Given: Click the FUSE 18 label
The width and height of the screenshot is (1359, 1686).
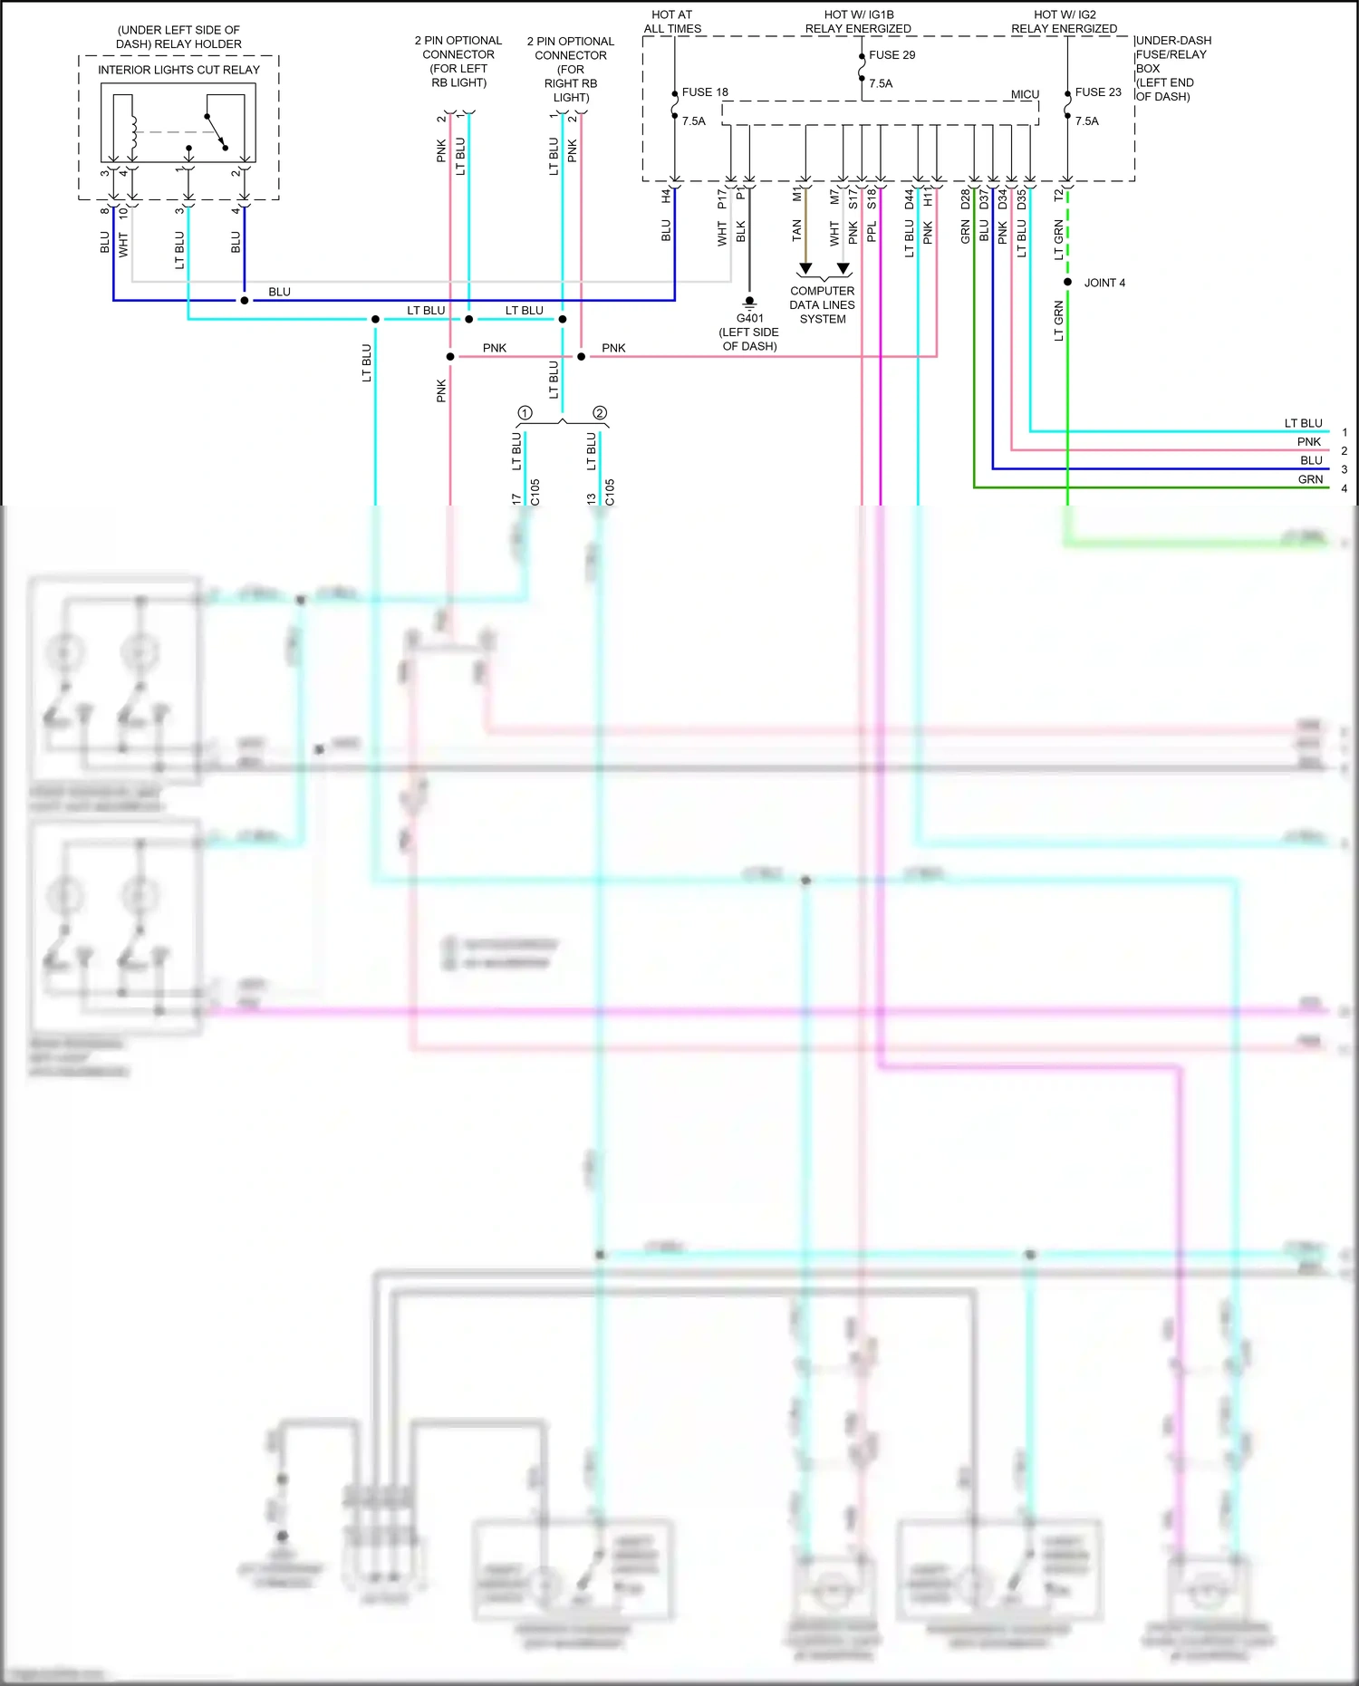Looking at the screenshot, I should click(x=705, y=92).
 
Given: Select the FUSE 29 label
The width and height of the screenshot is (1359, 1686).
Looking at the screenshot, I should click(x=892, y=55).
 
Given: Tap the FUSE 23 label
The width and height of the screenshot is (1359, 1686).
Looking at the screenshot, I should click(x=1098, y=92).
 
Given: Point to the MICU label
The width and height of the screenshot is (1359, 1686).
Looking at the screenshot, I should click(x=1025, y=94).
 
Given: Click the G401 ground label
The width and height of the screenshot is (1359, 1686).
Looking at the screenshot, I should click(x=749, y=319).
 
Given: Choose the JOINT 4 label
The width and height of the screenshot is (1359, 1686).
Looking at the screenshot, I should click(x=1104, y=283).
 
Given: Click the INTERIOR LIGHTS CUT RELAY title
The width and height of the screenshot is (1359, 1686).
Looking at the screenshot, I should click(x=178, y=70).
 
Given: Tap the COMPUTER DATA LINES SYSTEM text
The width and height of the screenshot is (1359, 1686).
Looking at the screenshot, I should click(x=822, y=305).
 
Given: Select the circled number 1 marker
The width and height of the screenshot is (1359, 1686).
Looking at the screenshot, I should click(x=525, y=413).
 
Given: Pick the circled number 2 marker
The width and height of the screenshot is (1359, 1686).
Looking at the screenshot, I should click(x=600, y=413).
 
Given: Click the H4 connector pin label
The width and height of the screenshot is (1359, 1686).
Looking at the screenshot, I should click(x=667, y=195).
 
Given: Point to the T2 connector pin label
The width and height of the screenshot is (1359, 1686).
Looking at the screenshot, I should click(x=1059, y=195).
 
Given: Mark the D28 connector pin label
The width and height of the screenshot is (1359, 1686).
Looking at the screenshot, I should click(x=966, y=198).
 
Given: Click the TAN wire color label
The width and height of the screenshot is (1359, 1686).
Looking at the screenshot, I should click(x=797, y=231).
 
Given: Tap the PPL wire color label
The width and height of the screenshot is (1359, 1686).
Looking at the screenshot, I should click(x=872, y=232).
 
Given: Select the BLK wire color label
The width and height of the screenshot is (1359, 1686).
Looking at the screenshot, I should click(x=741, y=232).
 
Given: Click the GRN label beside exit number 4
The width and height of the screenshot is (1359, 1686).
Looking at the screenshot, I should click(x=1310, y=479).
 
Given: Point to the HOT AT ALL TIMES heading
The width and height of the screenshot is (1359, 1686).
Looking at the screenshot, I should click(x=672, y=22).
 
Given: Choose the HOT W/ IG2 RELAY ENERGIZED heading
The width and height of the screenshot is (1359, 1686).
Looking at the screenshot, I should click(x=1065, y=22).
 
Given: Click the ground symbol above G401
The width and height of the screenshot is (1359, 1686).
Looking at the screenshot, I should click(x=749, y=302).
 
